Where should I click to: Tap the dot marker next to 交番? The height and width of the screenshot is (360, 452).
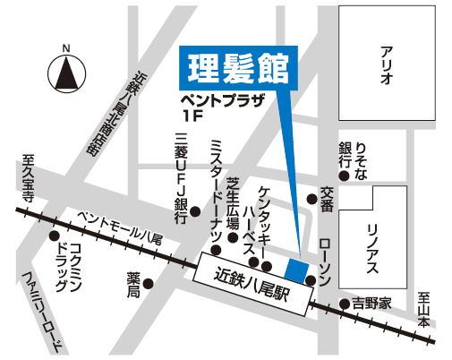[x=311, y=199]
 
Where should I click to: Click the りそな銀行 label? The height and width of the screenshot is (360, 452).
[x=353, y=161]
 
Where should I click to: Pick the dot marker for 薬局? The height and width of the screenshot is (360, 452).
[x=149, y=284]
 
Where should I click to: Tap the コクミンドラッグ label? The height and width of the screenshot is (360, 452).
[x=70, y=267]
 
